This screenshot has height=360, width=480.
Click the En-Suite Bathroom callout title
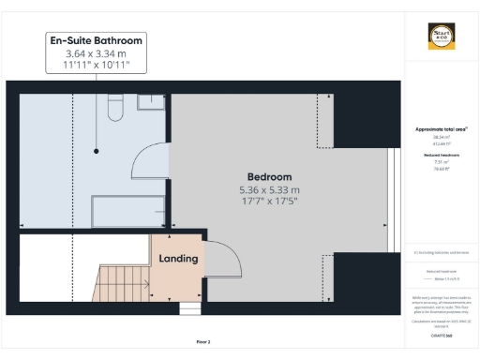[x=97, y=41]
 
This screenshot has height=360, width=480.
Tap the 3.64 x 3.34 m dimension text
[x=97, y=54]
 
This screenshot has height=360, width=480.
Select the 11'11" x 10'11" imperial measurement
[x=97, y=67]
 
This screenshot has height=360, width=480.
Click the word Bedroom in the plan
[x=269, y=176]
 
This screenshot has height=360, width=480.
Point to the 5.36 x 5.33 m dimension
[x=269, y=190]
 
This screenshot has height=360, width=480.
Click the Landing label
[x=178, y=258]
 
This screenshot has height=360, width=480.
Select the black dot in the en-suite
[x=97, y=151]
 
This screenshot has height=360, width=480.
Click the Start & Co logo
[x=442, y=37]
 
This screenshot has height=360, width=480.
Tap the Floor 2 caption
[x=203, y=342]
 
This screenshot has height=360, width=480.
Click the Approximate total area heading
[x=441, y=128]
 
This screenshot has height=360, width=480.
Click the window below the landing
[x=190, y=307]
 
